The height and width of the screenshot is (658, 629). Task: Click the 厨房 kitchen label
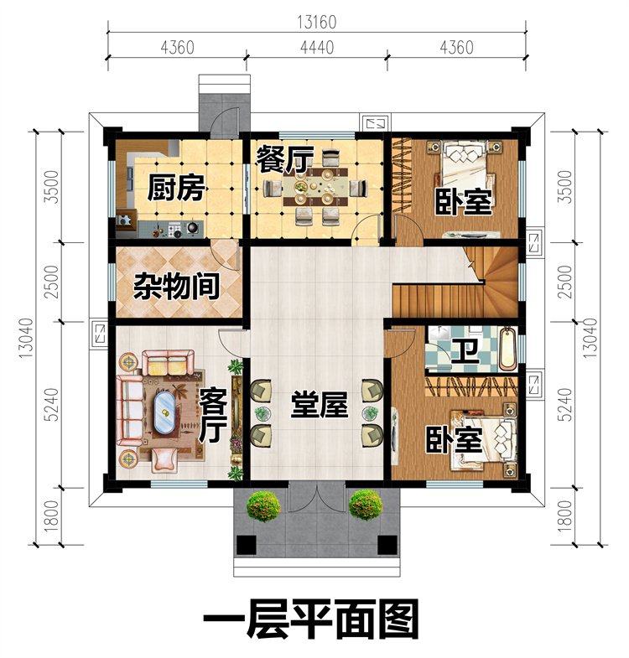(176, 189)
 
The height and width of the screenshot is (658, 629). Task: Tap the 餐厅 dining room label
(284, 159)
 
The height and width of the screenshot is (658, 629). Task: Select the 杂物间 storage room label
(177, 286)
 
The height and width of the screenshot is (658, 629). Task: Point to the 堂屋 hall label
(320, 405)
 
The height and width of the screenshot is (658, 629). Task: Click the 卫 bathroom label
(465, 351)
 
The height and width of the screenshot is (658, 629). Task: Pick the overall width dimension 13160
(317, 23)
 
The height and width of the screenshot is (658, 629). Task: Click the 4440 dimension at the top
(317, 48)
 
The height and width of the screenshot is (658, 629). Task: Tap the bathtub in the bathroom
(508, 350)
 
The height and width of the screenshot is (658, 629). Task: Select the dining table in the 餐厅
(316, 187)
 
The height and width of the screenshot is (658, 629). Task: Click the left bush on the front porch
(263, 505)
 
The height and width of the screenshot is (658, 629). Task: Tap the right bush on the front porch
(366, 505)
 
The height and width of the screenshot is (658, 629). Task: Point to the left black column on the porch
(246, 545)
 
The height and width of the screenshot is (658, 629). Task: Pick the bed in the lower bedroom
(484, 441)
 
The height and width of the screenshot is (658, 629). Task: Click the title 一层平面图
(311, 619)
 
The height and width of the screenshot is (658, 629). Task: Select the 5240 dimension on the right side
(565, 404)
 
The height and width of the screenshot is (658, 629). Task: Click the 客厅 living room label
(213, 415)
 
